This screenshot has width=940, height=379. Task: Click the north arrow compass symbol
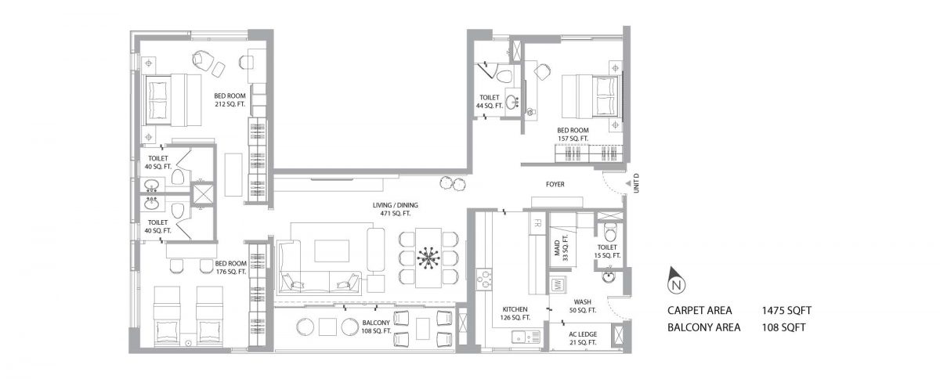coord(676,280)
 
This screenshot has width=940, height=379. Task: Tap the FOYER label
coord(555,184)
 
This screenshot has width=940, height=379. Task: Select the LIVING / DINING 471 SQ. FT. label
coord(396,209)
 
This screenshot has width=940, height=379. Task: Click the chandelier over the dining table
coord(428,258)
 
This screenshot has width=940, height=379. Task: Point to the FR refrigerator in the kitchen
coord(537,223)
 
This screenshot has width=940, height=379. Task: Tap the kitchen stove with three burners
coord(484,279)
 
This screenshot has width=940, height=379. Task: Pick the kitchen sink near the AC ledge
coord(526,336)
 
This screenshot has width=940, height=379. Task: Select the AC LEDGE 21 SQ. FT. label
coord(583,338)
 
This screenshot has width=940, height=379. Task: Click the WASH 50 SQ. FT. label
coord(583,306)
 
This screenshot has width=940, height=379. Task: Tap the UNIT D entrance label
coord(636,183)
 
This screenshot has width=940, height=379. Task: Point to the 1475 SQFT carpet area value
coord(786,311)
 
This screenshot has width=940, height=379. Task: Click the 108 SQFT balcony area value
coord(784,327)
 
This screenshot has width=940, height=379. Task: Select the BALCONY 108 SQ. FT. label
coord(376,327)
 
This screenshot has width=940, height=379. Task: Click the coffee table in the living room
coord(332,251)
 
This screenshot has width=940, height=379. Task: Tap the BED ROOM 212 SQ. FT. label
coord(230,100)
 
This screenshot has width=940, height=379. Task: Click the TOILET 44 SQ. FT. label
coord(490,102)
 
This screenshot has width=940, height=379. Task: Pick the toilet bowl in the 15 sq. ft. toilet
coord(610,232)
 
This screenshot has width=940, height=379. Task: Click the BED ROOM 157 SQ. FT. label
coord(573,135)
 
